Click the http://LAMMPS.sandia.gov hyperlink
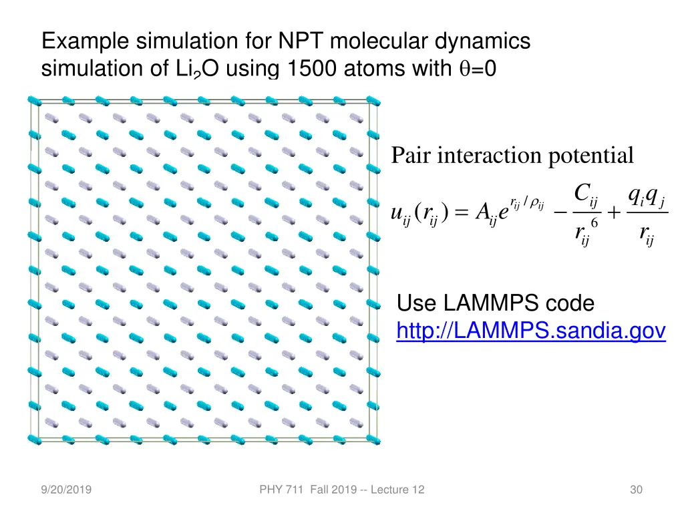click(x=531, y=331)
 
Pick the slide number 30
click(x=636, y=491)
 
